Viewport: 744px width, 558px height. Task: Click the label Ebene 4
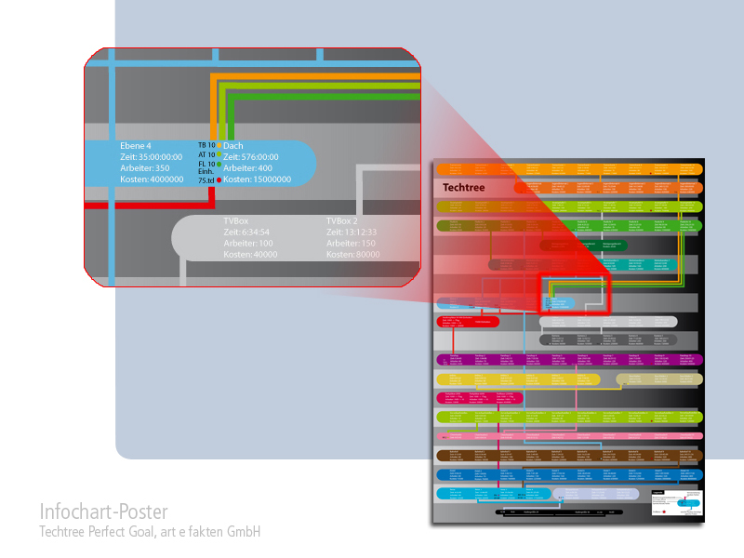point(136,146)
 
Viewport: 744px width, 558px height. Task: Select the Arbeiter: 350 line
point(145,168)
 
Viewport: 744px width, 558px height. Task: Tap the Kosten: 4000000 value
point(152,179)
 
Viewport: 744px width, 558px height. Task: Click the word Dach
point(233,146)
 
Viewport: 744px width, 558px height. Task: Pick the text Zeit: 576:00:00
point(252,157)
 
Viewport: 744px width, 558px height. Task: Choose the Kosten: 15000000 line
point(258,179)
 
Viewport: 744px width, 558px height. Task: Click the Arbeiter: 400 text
point(248,168)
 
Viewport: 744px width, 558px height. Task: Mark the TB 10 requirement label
point(206,146)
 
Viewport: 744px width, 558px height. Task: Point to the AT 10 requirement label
point(206,155)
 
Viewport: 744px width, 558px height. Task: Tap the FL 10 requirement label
point(206,165)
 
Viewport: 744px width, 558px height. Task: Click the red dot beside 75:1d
point(219,179)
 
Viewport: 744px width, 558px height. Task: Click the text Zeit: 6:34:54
point(246,232)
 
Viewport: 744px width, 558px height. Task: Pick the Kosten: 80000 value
point(352,255)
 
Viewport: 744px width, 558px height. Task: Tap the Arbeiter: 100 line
point(246,244)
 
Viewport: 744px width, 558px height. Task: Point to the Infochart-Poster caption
point(103,512)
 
